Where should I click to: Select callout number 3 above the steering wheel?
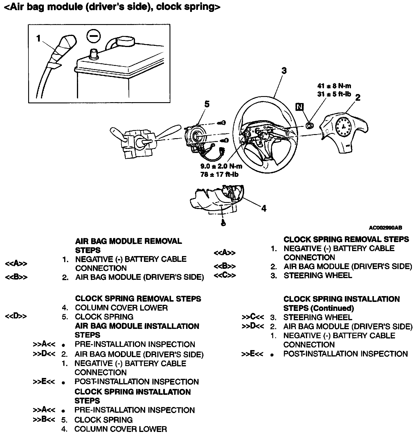point(284,71)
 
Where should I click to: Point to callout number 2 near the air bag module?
point(358,98)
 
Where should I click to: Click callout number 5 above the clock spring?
point(206,104)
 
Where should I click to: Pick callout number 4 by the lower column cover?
point(263,208)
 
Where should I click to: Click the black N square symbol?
point(299,107)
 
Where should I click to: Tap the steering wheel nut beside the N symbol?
point(310,125)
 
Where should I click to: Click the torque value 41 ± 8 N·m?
point(334,86)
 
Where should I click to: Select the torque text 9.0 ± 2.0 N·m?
point(221,166)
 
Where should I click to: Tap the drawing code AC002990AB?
point(385,228)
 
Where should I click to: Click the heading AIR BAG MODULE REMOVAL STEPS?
point(129,246)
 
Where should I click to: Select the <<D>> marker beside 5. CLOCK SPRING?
point(16,316)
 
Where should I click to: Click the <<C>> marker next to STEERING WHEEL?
point(225,275)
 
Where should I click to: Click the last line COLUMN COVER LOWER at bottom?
point(121,429)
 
